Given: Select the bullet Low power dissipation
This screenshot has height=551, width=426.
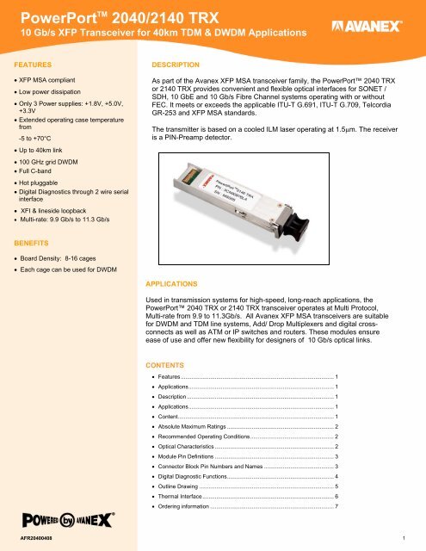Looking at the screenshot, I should (65, 93).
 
